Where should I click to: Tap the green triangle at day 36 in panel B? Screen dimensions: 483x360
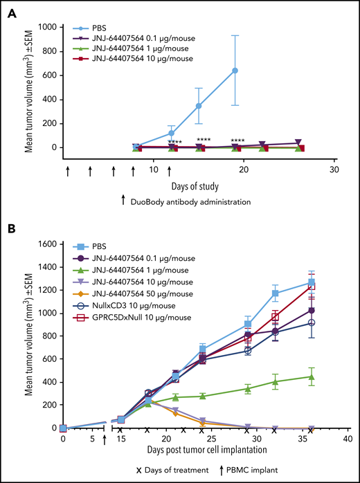click(312, 377)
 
